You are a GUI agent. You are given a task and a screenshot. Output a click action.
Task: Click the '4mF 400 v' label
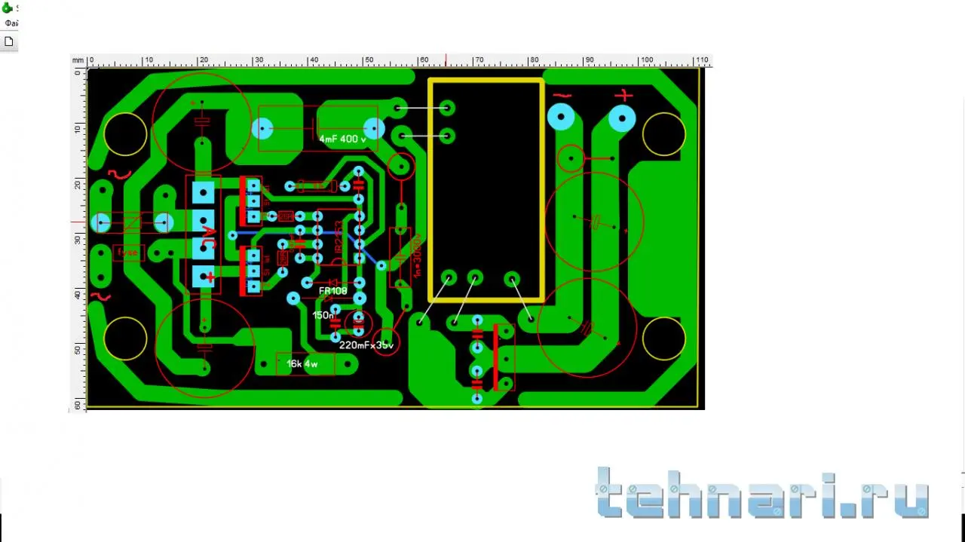pyautogui.click(x=342, y=139)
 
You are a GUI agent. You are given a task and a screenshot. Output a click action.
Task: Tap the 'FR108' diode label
pyautogui.click(x=333, y=290)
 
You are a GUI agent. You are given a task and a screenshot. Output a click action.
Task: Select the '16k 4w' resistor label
pyautogui.click(x=302, y=365)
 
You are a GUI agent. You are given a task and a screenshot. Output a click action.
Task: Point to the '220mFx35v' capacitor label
pyautogui.click(x=366, y=345)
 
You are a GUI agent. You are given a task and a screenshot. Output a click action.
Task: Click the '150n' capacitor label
pyautogui.click(x=323, y=315)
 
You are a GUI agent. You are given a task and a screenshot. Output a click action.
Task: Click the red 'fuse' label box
pyautogui.click(x=128, y=253)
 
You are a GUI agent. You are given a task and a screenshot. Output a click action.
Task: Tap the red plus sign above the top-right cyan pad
pyautogui.click(x=623, y=96)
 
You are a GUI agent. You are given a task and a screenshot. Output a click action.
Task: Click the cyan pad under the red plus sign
pyautogui.click(x=622, y=118)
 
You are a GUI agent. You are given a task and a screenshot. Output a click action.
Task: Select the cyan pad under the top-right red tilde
pyautogui.click(x=561, y=117)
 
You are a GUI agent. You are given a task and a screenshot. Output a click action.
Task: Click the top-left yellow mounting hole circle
pyautogui.click(x=126, y=134)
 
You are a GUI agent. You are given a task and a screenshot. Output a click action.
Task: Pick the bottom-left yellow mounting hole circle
pyautogui.click(x=125, y=338)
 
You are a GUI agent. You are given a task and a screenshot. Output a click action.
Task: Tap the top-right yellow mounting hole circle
pyautogui.click(x=664, y=134)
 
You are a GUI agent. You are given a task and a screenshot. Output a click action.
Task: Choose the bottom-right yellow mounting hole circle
pyautogui.click(x=664, y=339)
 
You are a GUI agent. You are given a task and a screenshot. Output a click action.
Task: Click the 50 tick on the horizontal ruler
pyautogui.click(x=368, y=60)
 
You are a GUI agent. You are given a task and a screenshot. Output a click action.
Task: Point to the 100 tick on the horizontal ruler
pyautogui.click(x=645, y=60)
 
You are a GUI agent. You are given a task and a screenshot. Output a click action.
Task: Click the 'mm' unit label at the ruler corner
pyautogui.click(x=78, y=60)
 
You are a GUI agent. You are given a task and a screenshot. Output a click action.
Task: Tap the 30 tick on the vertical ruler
pyautogui.click(x=77, y=240)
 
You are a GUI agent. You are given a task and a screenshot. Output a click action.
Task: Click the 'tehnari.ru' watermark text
pyautogui.click(x=761, y=494)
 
